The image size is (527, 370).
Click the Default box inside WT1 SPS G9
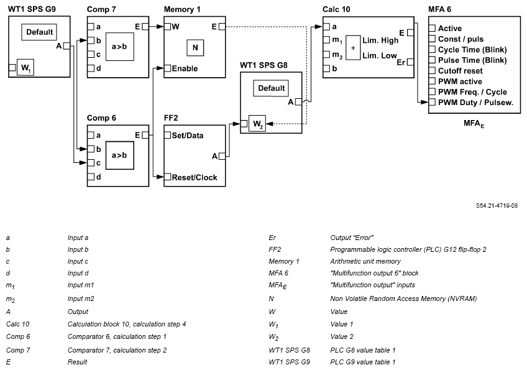point(40,32)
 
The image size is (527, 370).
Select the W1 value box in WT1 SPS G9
point(26,67)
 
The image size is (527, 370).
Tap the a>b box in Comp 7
point(119,47)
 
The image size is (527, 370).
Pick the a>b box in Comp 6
point(119,155)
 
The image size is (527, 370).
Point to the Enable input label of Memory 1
point(185,68)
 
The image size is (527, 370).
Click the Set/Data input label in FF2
point(187,135)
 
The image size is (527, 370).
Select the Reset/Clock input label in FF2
point(195,177)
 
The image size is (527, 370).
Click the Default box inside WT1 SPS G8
point(272,88)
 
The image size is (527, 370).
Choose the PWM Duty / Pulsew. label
point(475,103)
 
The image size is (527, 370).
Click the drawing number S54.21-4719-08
point(497,205)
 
